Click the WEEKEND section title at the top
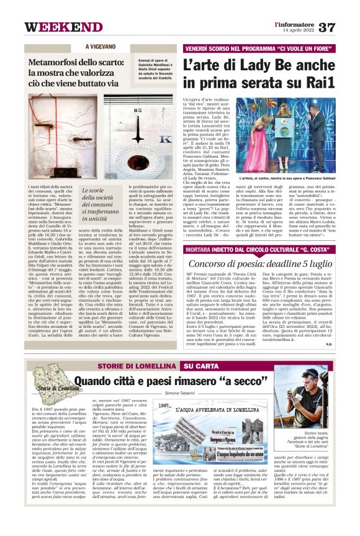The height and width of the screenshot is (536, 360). coord(55,27)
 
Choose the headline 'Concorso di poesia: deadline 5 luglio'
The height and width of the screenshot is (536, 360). coord(264,264)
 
